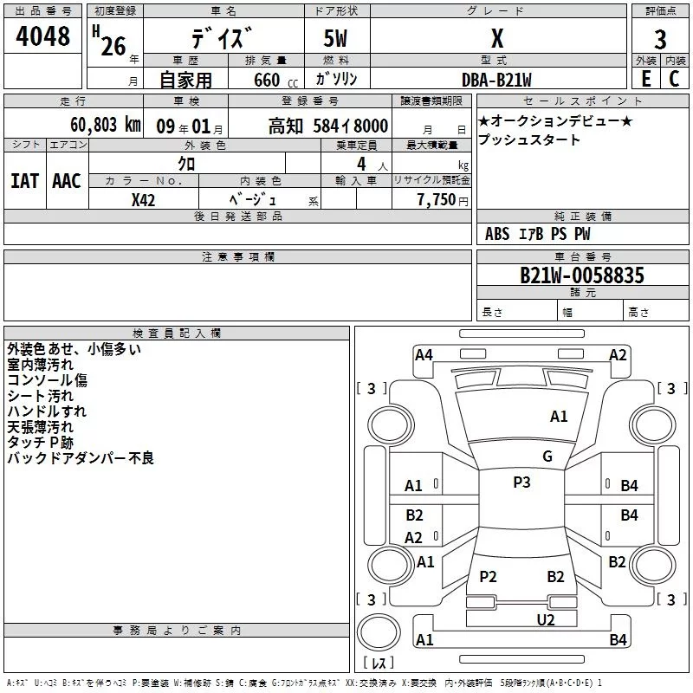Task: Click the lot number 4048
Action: (42, 37)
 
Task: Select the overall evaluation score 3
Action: (660, 39)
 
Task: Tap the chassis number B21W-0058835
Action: (581, 275)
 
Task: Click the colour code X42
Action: (143, 199)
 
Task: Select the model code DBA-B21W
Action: (496, 79)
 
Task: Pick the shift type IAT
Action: (24, 181)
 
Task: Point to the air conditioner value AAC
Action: (66, 181)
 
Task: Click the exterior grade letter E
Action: (645, 79)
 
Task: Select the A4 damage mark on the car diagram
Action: (424, 354)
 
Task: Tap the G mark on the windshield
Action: (547, 457)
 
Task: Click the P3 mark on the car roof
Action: (521, 483)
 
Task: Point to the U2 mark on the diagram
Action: (545, 619)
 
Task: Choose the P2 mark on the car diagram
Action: (489, 577)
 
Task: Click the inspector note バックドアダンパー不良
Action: (81, 458)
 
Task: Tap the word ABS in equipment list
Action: (497, 234)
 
